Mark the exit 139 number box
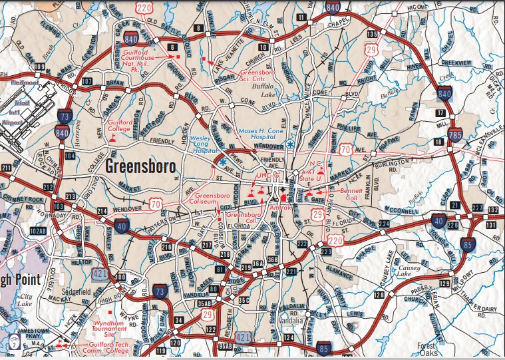[373, 33]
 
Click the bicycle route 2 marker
[13, 344]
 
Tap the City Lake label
[25, 299]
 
